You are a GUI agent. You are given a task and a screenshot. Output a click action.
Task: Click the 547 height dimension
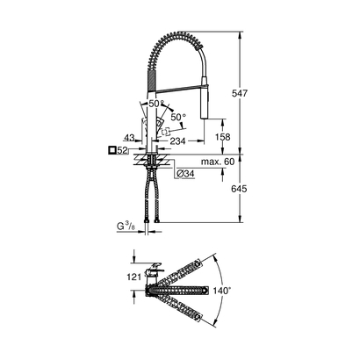(253, 90)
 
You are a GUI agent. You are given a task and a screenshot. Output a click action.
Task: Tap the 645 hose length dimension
(253, 189)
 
